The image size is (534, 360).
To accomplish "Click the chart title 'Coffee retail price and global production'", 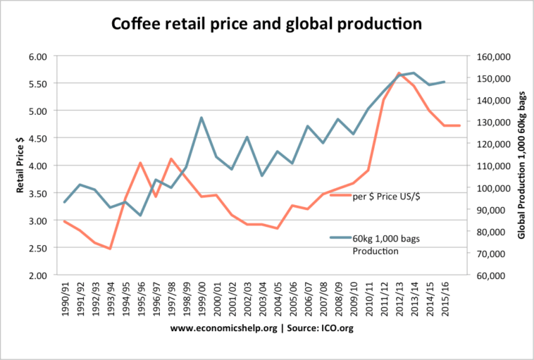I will [x=266, y=24].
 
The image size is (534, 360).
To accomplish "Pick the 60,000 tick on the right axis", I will [x=490, y=275].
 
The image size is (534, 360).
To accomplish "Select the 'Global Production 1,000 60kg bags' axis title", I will [x=522, y=165].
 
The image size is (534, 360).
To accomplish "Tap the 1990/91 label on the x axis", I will [x=65, y=299].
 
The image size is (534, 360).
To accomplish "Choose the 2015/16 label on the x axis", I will [x=445, y=299].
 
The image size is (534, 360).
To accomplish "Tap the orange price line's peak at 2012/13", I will [x=399, y=73].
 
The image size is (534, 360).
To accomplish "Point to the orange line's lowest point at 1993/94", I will [x=110, y=249].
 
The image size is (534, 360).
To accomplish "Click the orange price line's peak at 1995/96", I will [x=141, y=163].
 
